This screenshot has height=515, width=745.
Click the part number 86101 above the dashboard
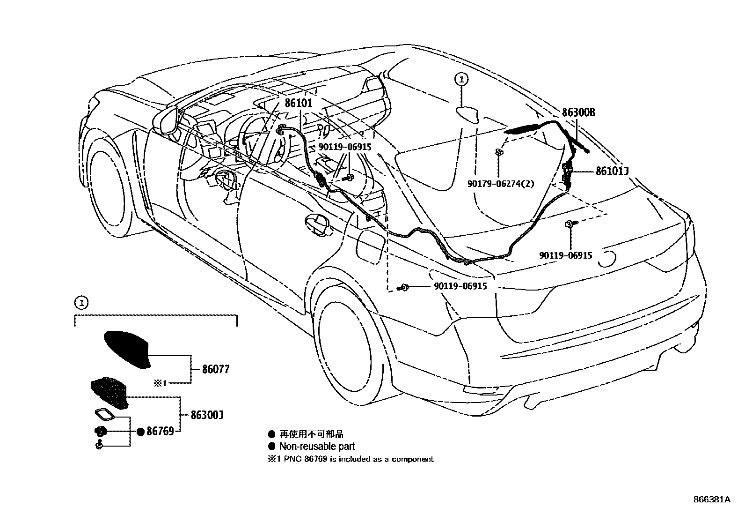298,103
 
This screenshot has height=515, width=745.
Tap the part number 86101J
612,172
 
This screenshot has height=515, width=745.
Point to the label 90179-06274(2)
500,184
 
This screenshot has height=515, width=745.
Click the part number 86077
216,370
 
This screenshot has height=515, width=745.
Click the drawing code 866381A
711,500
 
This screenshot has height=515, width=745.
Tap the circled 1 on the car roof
461,80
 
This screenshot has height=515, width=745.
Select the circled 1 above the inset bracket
81,303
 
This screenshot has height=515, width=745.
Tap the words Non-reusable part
317,446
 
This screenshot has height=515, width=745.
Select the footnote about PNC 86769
351,459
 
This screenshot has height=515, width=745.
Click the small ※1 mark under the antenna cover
160,383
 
